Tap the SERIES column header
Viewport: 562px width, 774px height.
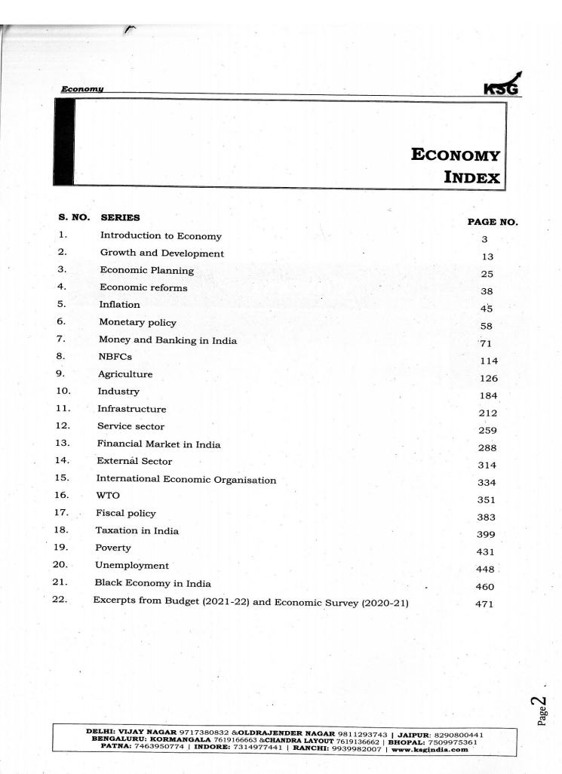(120, 217)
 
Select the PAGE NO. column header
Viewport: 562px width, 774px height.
(493, 222)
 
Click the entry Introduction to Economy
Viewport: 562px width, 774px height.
(161, 235)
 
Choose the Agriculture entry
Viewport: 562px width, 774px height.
(125, 374)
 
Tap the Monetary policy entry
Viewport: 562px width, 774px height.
(137, 322)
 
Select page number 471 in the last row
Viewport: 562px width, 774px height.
(484, 604)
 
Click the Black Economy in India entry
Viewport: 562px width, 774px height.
(152, 583)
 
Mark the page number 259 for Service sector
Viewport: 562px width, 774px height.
(487, 431)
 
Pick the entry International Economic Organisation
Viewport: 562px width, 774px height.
(186, 479)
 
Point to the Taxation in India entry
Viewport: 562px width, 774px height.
(137, 530)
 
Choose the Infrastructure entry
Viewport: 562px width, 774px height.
(132, 409)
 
